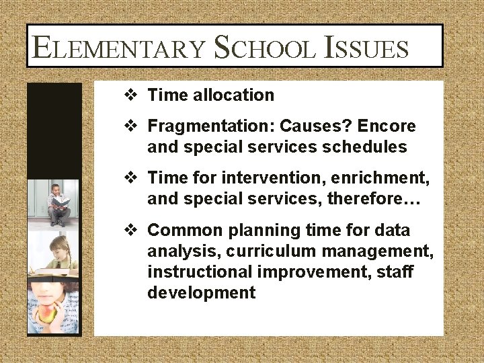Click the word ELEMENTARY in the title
[117, 48]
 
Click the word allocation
[233, 95]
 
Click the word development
[201, 293]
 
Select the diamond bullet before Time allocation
[132, 95]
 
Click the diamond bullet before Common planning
[132, 231]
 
